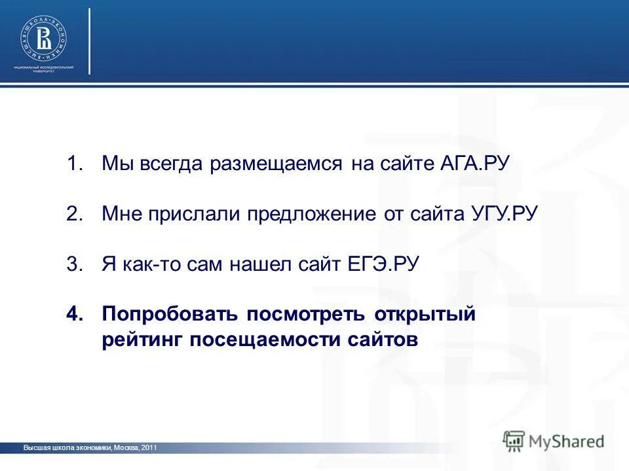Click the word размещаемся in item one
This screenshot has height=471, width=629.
(x=276, y=164)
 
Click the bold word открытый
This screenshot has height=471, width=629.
(x=425, y=315)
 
